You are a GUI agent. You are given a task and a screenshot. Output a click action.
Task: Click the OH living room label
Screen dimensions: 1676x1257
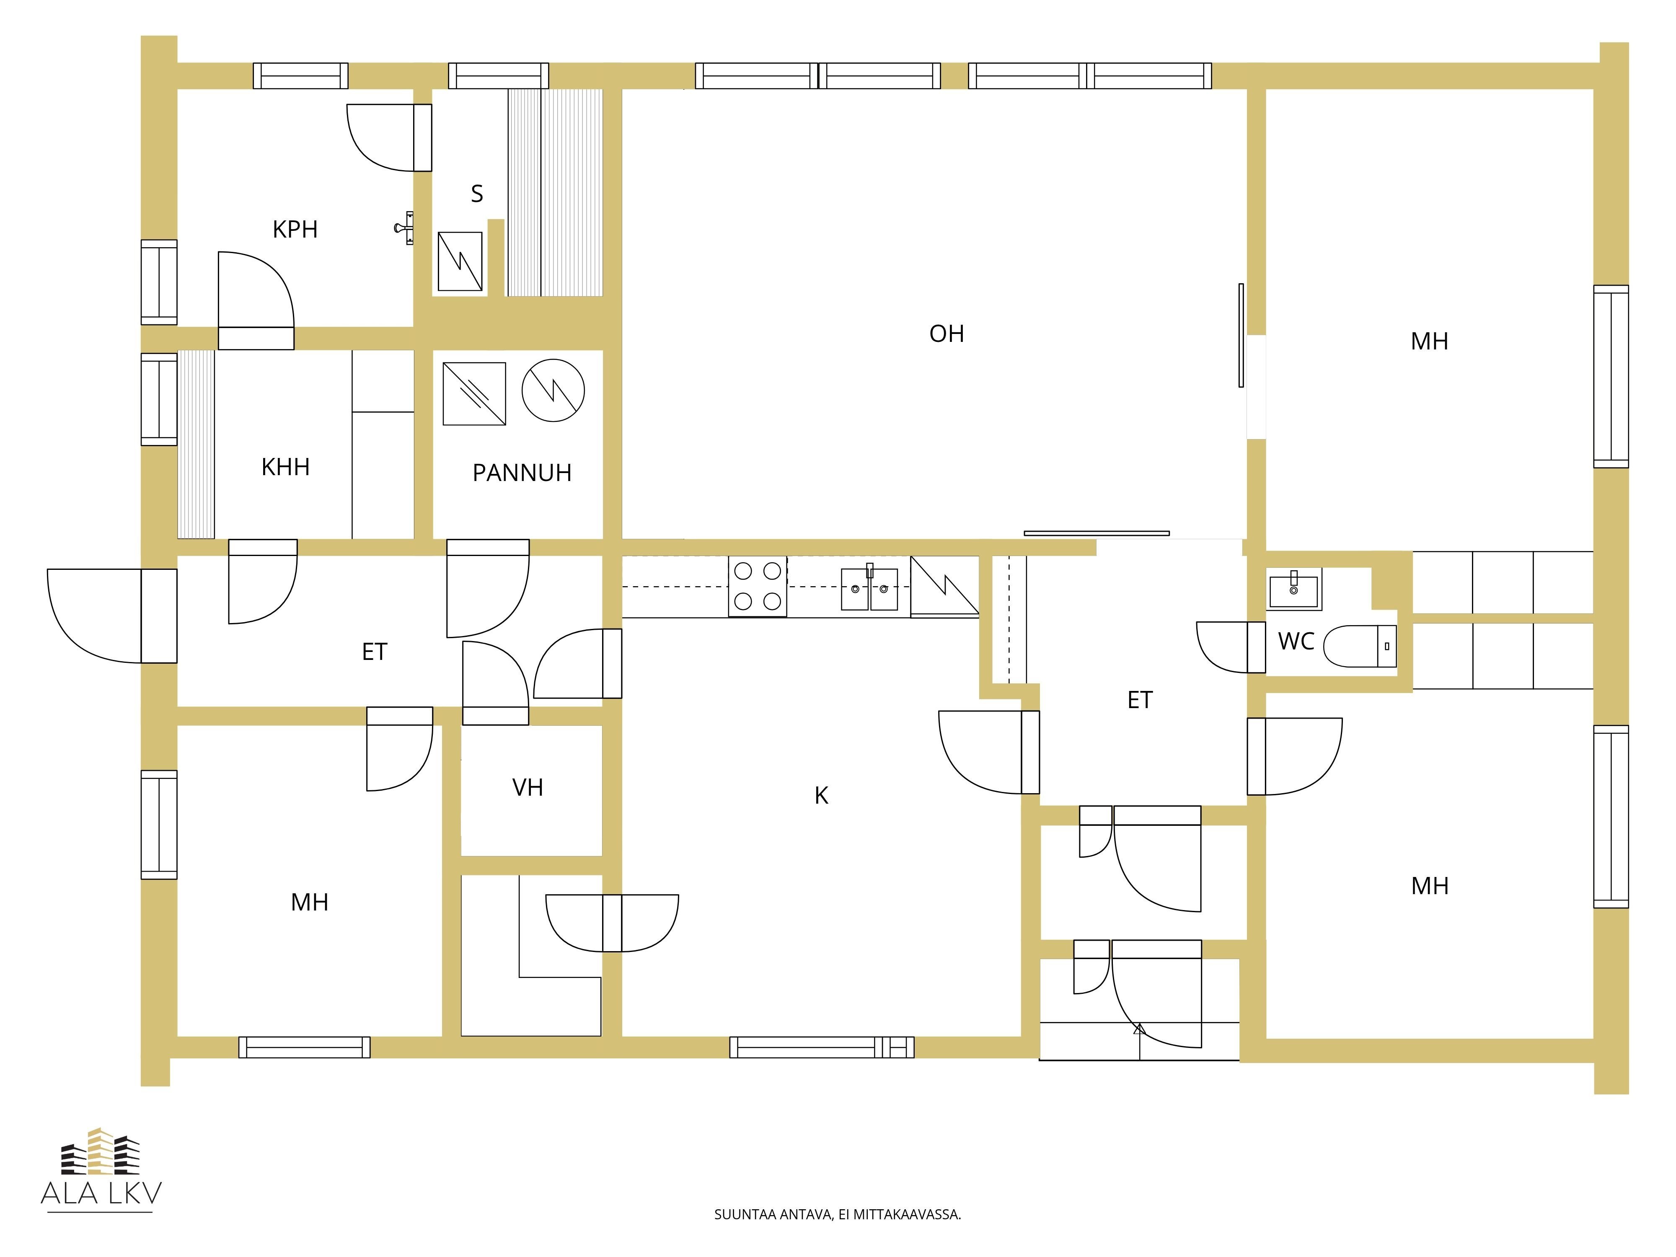(x=947, y=334)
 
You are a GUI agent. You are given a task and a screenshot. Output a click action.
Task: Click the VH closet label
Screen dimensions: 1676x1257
(x=528, y=788)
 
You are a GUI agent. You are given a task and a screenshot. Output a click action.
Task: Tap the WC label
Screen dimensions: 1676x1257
(x=1296, y=642)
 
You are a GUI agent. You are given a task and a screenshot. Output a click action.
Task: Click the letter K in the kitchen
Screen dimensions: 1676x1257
(x=821, y=796)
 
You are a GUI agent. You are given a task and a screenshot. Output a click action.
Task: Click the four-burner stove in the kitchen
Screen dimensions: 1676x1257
(x=758, y=587)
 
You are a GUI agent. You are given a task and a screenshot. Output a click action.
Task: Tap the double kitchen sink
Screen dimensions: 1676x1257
(x=870, y=589)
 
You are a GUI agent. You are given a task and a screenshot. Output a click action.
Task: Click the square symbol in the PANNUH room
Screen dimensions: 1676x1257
(x=474, y=393)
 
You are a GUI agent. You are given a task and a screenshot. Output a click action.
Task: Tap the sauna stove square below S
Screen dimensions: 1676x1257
(x=460, y=261)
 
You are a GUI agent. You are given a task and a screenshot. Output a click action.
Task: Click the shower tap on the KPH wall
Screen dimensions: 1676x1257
(x=405, y=227)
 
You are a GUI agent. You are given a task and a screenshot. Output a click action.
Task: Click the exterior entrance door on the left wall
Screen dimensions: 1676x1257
(x=112, y=616)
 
